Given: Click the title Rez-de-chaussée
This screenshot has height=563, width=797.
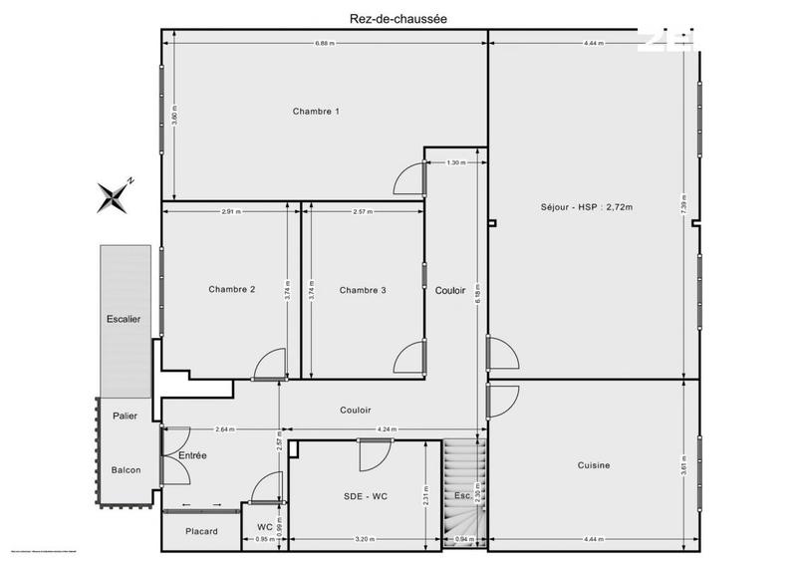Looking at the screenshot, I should pyautogui.click(x=398, y=16).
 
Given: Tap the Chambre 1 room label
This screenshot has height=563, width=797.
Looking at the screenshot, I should pyautogui.click(x=316, y=111).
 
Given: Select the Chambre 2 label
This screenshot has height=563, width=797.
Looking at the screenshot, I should pyautogui.click(x=232, y=290).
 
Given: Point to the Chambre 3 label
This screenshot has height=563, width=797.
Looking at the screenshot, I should pyautogui.click(x=363, y=290).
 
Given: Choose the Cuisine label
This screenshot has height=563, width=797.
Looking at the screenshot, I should pyautogui.click(x=594, y=465).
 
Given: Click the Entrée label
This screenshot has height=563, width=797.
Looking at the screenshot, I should pyautogui.click(x=193, y=455).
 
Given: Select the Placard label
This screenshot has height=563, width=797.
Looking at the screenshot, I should pyautogui.click(x=201, y=531).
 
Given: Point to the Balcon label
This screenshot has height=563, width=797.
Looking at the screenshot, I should pyautogui.click(x=126, y=470).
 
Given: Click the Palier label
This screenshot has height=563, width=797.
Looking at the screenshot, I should pyautogui.click(x=125, y=416).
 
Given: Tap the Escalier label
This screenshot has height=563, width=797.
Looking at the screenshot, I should pyautogui.click(x=125, y=319).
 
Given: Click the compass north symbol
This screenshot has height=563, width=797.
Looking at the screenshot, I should pyautogui.click(x=115, y=195).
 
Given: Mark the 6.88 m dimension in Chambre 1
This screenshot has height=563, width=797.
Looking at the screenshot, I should pyautogui.click(x=324, y=44).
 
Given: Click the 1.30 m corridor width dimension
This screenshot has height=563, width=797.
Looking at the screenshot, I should pyautogui.click(x=454, y=162).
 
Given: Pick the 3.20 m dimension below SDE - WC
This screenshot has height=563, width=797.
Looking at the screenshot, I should pyautogui.click(x=364, y=540).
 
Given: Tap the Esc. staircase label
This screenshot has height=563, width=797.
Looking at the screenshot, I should pyautogui.click(x=462, y=495).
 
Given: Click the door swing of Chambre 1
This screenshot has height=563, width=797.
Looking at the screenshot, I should pyautogui.click(x=409, y=179).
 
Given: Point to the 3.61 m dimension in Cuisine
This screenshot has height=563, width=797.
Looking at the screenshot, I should pyautogui.click(x=683, y=464).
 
